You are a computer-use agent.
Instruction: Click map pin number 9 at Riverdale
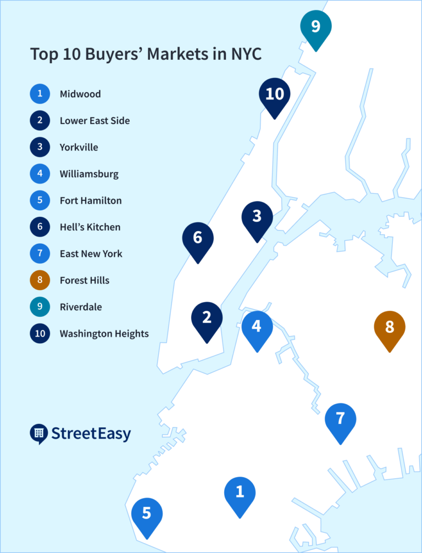[x=316, y=27]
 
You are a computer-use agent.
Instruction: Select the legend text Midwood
[x=80, y=94]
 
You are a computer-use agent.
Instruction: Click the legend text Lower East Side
[x=95, y=121]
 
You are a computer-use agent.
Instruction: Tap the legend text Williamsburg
[x=89, y=174]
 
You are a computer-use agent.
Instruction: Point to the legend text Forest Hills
[x=85, y=281]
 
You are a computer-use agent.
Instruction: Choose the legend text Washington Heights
[x=104, y=334]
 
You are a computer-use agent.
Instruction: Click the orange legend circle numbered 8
[x=40, y=281]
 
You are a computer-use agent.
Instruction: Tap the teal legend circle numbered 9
[x=40, y=307]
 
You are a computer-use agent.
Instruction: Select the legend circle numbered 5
[x=40, y=200]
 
